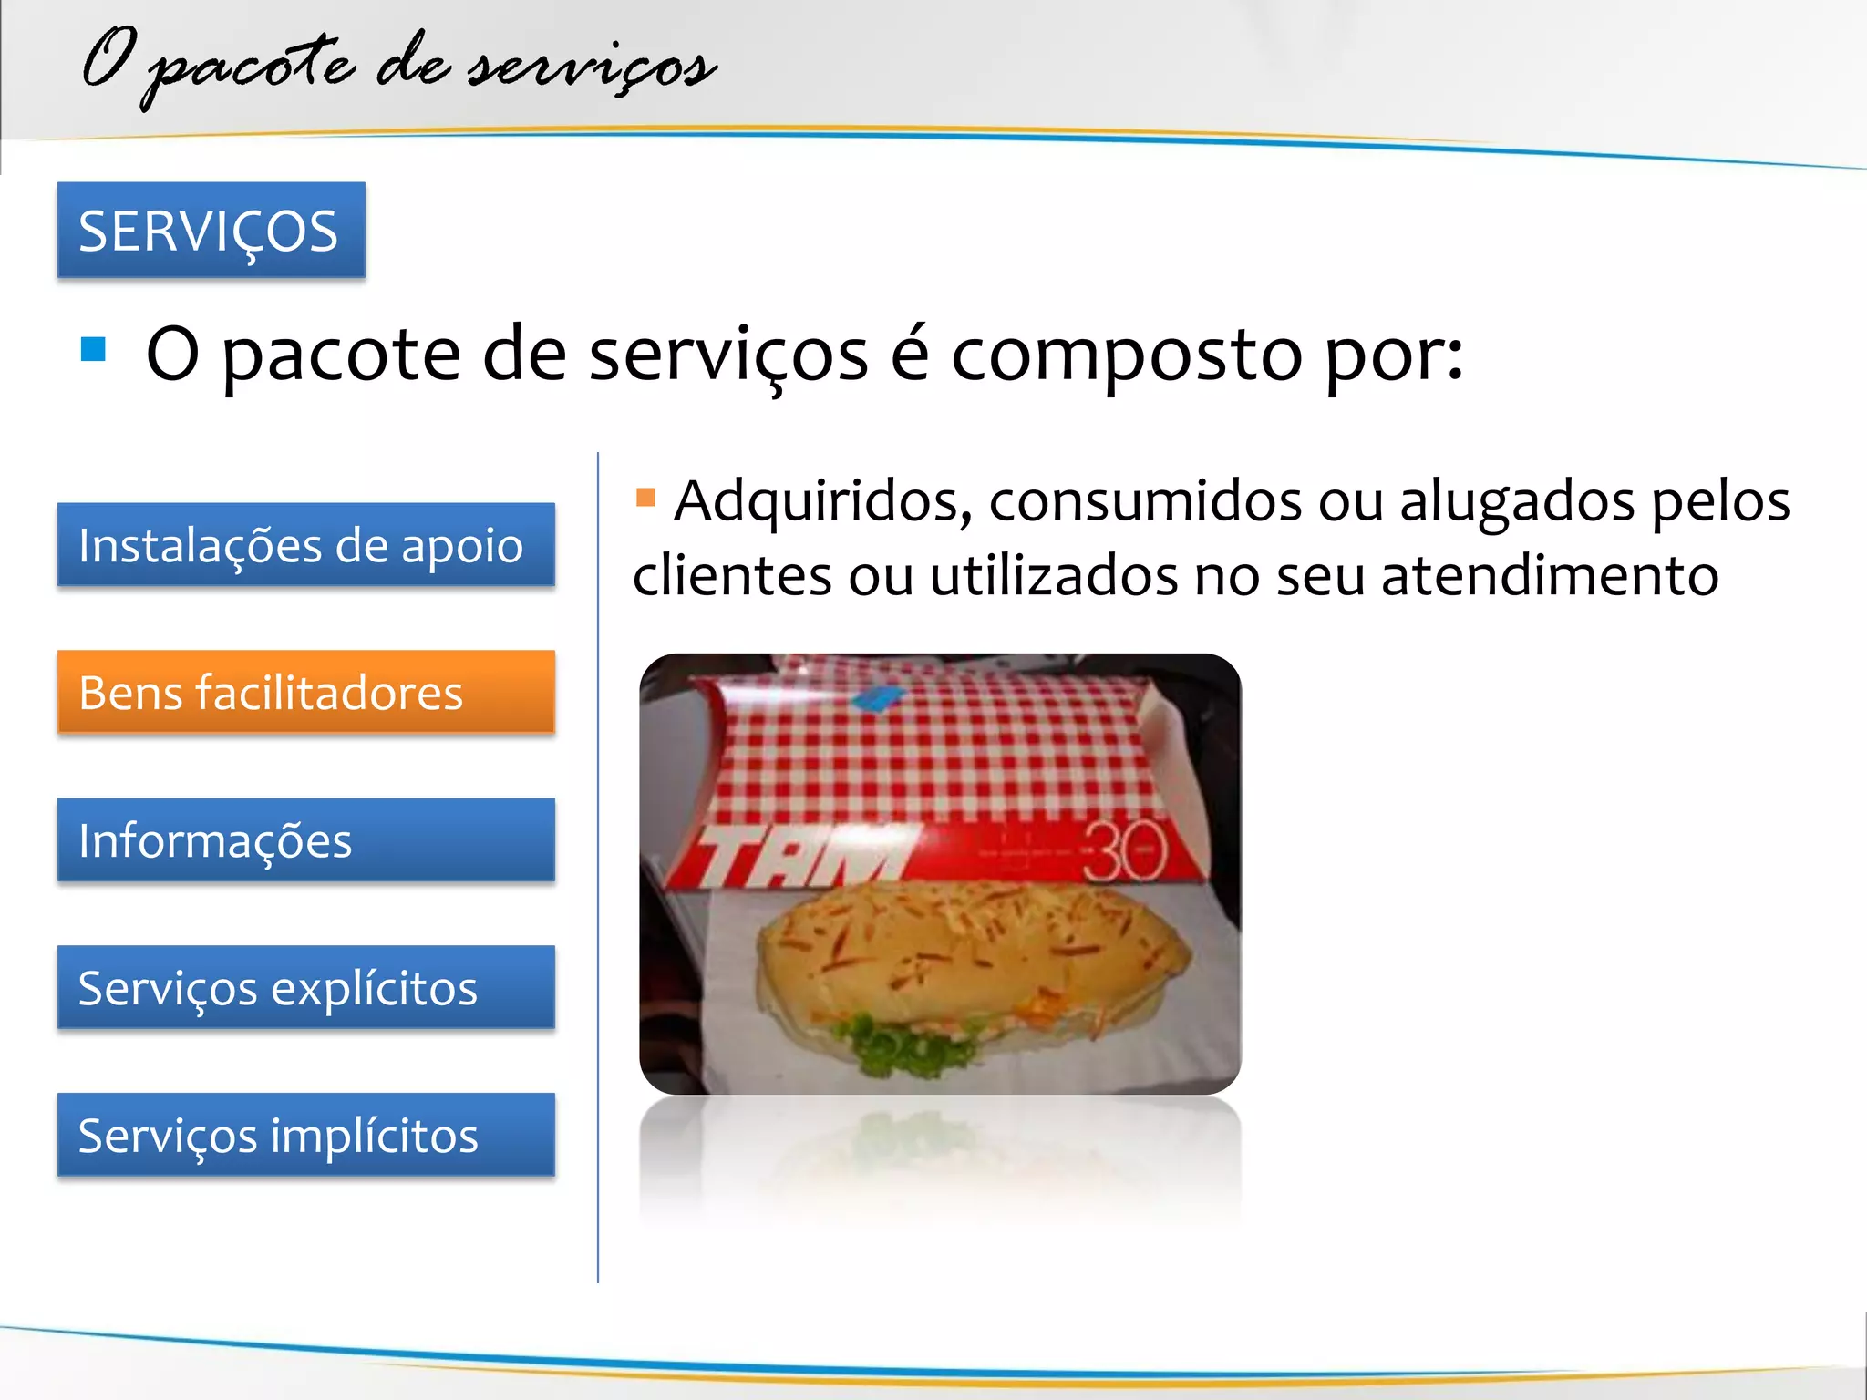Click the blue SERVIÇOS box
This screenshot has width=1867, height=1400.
tap(211, 230)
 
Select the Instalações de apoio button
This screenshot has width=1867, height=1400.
tap(305, 544)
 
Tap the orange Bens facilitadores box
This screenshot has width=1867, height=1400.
tap(305, 692)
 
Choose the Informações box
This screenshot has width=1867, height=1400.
tap(305, 839)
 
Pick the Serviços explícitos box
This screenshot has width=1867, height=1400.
tap(305, 987)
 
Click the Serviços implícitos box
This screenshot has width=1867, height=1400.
tap(305, 1135)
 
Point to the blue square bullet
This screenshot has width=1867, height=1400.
tap(93, 349)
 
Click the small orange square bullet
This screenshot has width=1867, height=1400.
tap(645, 497)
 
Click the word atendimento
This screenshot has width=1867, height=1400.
tap(1550, 576)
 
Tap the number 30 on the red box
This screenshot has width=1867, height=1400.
tap(1125, 851)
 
